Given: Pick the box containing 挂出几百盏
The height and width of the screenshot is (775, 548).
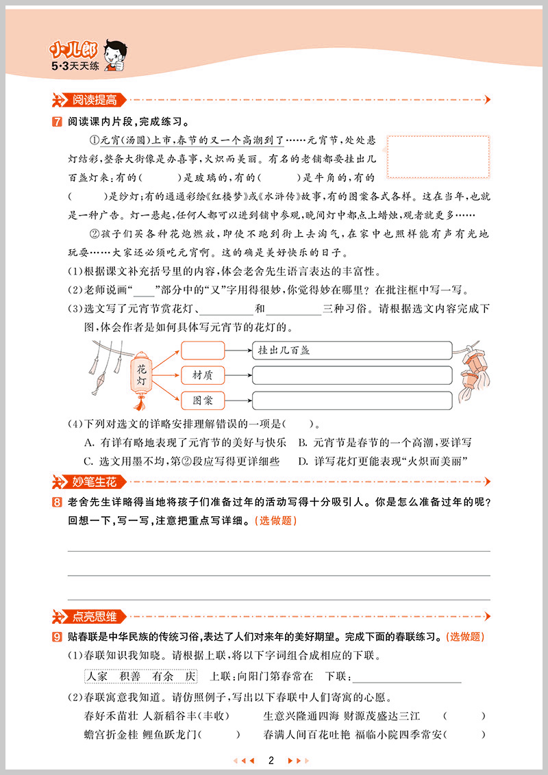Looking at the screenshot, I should click(352, 350).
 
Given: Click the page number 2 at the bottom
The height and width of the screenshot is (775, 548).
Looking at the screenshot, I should click(271, 760).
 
